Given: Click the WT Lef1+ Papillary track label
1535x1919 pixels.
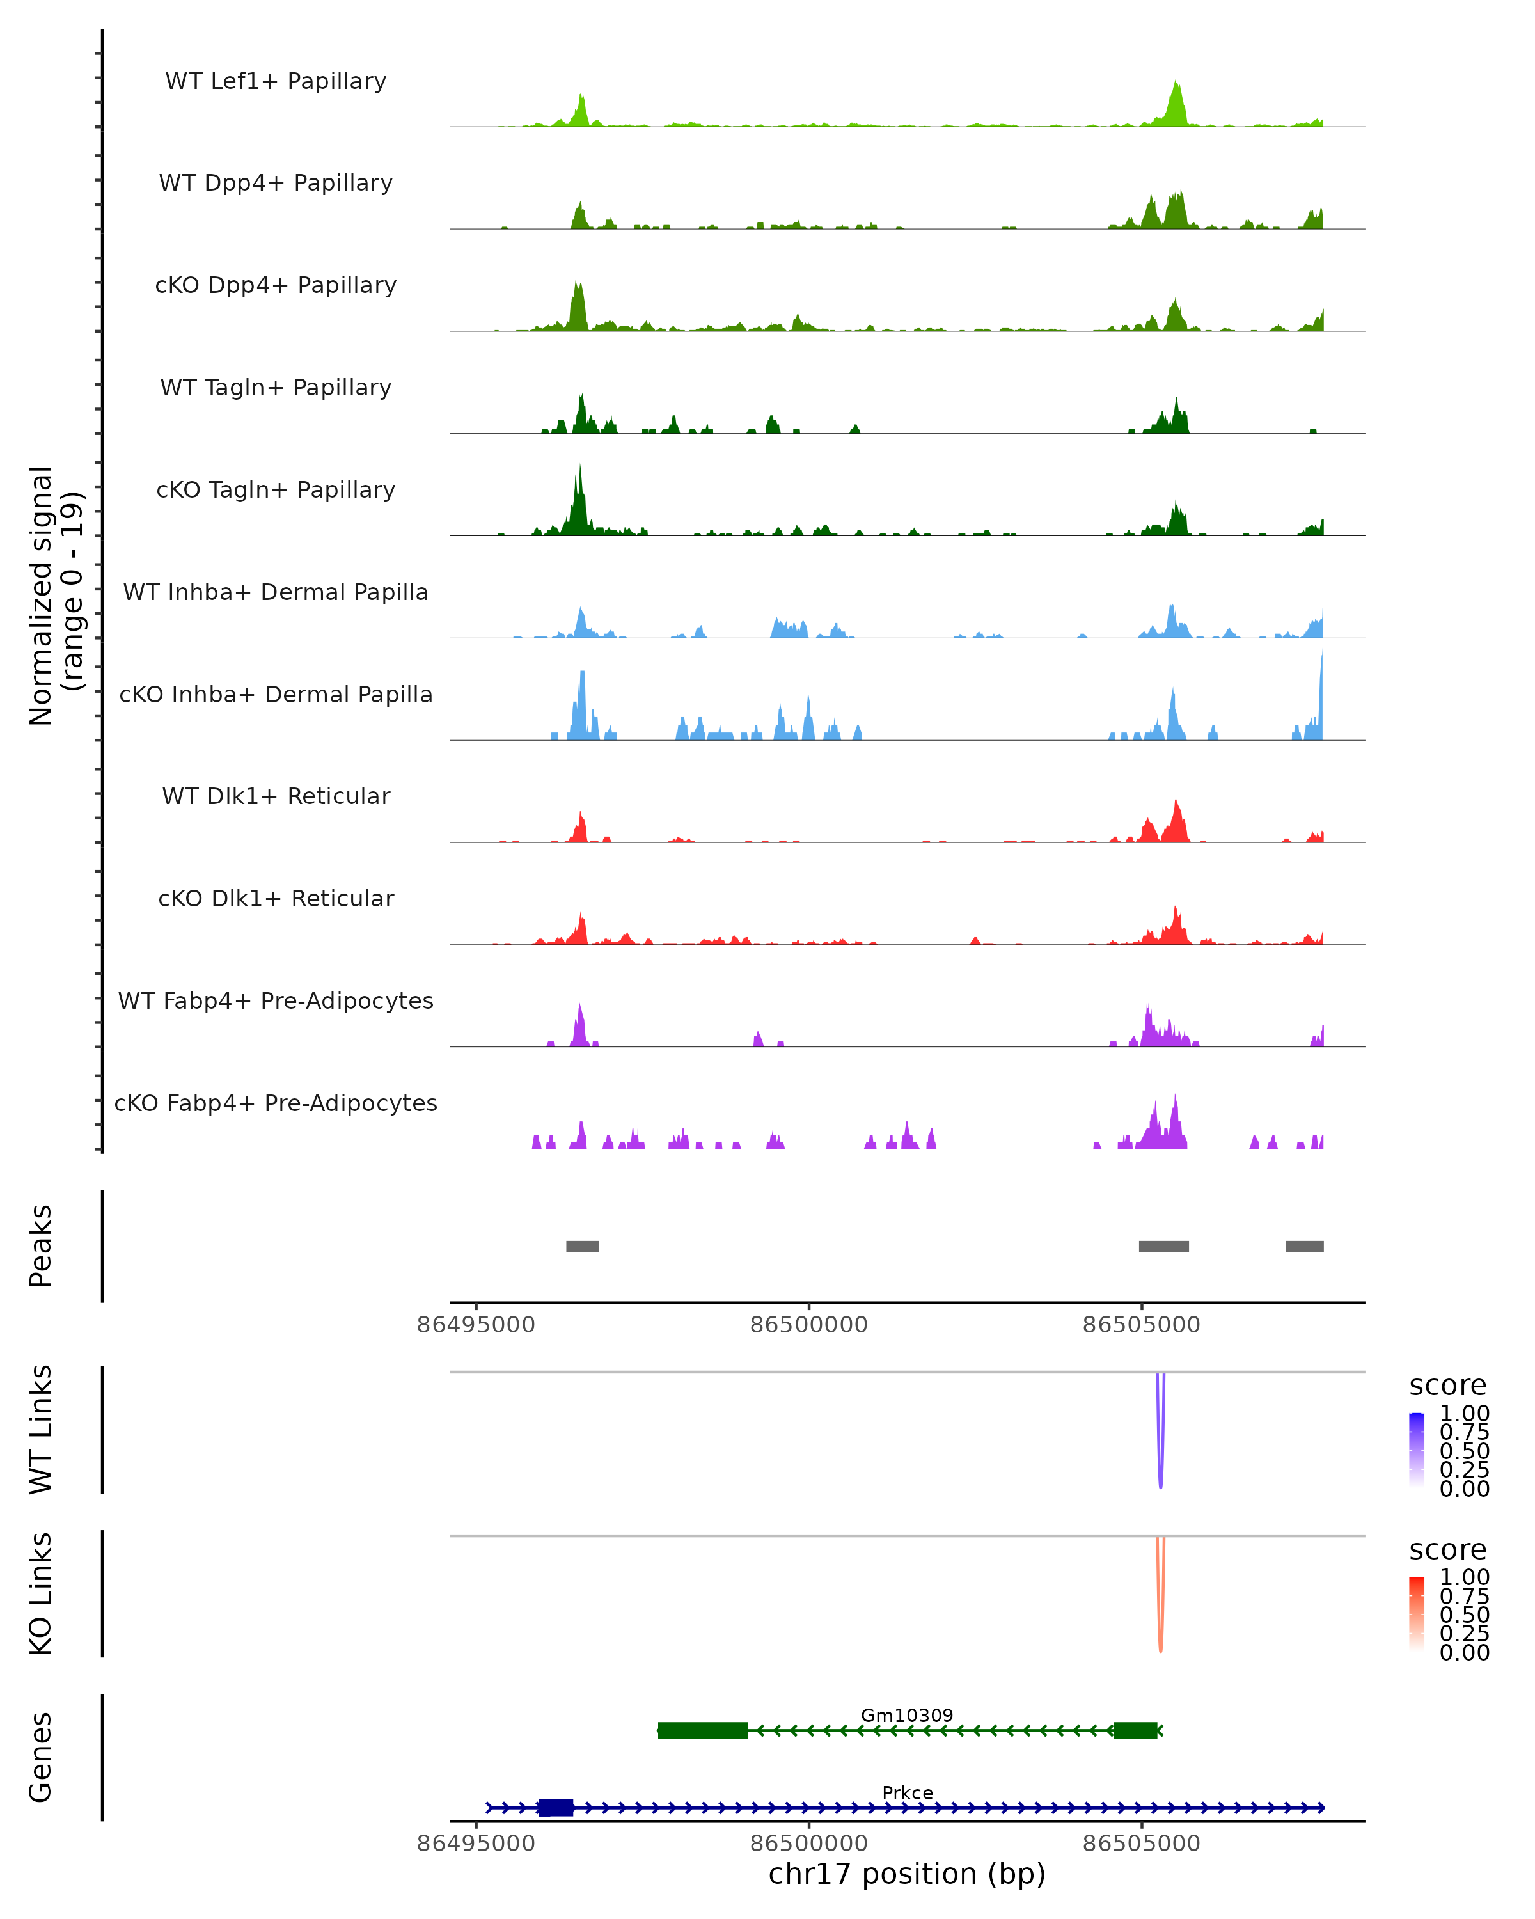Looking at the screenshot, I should coord(276,81).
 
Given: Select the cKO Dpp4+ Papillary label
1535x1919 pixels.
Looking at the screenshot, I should coord(276,286).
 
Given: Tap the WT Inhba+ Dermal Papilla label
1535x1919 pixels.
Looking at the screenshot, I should coord(276,593).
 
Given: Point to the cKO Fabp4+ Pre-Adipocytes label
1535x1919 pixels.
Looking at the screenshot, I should coord(276,1103).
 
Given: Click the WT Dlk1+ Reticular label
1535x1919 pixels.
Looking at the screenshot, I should coord(276,796).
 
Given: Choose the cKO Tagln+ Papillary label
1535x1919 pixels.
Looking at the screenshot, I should coord(276,491).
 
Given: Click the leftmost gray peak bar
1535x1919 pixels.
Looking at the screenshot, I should coord(582,1246).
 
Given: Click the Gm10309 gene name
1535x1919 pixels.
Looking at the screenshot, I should coord(907,1715).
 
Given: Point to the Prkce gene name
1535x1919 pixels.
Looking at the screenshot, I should coord(907,1792).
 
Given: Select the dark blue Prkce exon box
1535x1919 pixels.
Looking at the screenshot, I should coord(555,1808).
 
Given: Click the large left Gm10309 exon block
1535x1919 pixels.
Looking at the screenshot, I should coord(702,1730).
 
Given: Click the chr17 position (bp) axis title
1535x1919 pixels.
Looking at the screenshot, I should coord(907,1874).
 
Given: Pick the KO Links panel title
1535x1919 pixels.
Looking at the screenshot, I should coord(41,1594).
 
